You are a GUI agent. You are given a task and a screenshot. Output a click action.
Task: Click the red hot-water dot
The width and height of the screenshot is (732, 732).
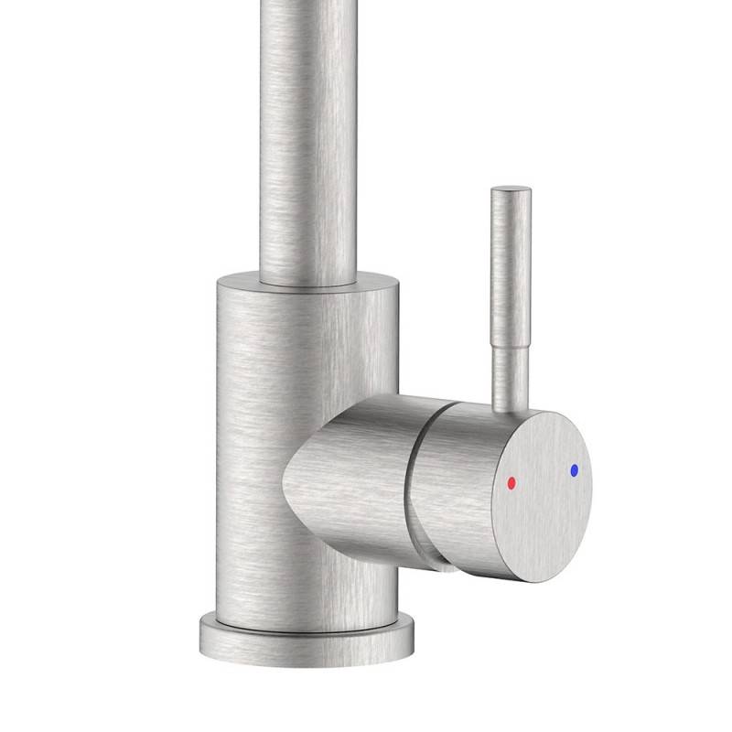click(x=511, y=482)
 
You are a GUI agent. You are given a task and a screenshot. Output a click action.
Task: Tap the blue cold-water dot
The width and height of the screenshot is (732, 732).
click(x=574, y=470)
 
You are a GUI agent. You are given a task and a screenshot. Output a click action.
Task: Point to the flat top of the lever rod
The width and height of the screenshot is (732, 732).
click(x=510, y=190)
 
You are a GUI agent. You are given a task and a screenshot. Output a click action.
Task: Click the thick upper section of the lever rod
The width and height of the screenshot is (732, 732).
click(x=510, y=265)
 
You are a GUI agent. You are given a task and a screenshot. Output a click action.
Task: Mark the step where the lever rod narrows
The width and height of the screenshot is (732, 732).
click(x=510, y=339)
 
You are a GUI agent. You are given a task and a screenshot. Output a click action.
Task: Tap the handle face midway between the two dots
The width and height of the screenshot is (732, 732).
click(x=543, y=477)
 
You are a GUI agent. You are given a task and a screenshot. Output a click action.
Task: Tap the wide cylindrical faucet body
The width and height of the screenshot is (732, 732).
click(x=265, y=412)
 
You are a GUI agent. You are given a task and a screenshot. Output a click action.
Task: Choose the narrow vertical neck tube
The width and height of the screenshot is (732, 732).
click(x=307, y=137)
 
